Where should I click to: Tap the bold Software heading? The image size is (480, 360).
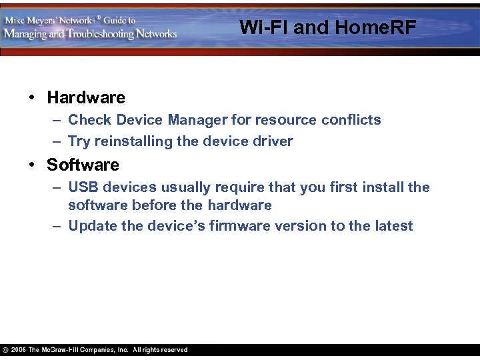point(83,165)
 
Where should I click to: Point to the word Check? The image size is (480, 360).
point(90,120)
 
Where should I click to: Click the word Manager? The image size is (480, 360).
point(197,120)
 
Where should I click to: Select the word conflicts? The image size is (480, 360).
point(351,120)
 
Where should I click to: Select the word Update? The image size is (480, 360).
point(93,226)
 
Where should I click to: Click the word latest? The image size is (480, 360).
point(393,226)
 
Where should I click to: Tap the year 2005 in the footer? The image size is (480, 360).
point(18,350)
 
